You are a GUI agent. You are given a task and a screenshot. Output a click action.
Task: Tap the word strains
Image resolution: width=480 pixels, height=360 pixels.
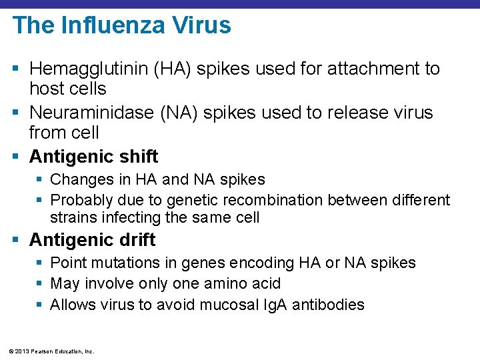point(71,217)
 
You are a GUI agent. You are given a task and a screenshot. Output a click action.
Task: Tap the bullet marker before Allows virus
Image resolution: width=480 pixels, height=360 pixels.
point(41,305)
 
